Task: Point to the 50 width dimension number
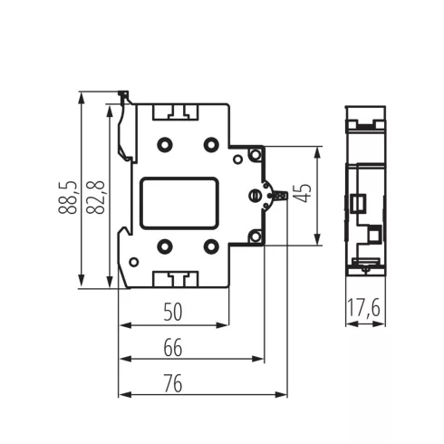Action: [173, 312]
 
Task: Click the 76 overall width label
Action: [173, 383]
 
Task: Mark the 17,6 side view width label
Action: [363, 310]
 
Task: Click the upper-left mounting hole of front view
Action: [165, 143]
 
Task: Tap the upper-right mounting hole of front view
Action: [211, 143]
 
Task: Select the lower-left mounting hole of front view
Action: [165, 246]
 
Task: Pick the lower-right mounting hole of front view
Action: [211, 246]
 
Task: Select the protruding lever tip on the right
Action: [283, 195]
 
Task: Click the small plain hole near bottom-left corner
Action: [134, 263]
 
